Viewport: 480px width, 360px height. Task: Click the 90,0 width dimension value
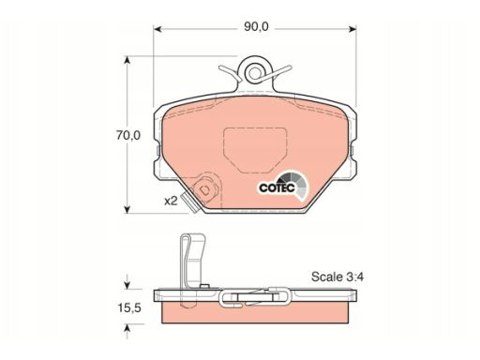(256, 27)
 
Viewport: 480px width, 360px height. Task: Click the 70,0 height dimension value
(128, 136)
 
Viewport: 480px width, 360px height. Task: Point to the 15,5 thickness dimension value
(129, 308)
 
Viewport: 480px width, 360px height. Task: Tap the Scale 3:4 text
(337, 277)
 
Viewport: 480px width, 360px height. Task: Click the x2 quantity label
(171, 201)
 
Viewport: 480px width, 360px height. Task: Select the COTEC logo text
(277, 187)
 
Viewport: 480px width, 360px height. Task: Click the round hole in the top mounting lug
(255, 73)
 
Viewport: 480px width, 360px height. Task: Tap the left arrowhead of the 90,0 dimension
(158, 29)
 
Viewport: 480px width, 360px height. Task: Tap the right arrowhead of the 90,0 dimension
(352, 29)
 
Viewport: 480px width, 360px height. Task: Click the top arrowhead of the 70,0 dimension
(127, 61)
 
